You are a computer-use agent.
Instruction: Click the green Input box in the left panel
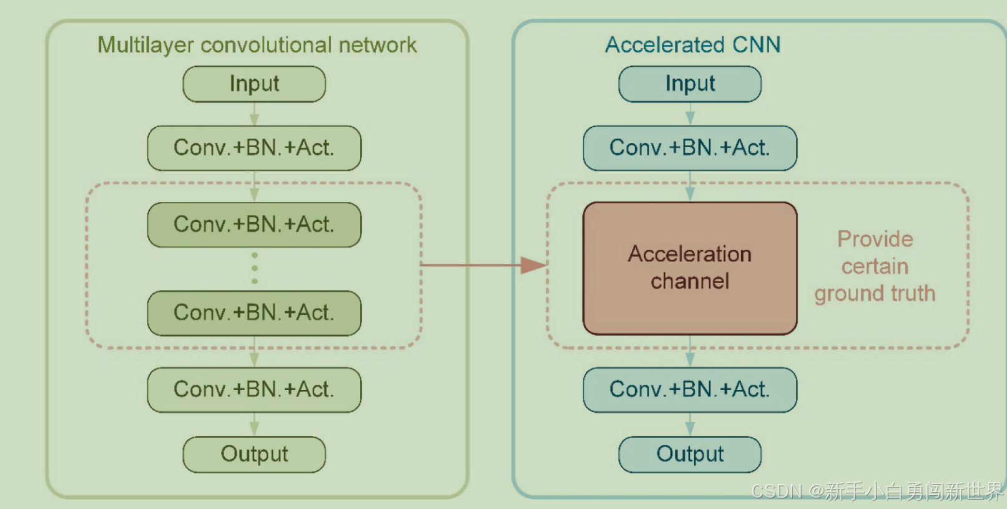tap(254, 84)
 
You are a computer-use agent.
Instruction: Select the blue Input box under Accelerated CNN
tap(690, 84)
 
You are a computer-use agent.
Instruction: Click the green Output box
tap(254, 454)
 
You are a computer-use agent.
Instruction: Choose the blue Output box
tap(690, 454)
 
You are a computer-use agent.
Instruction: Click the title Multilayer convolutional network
tap(257, 45)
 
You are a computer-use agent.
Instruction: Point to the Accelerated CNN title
tap(693, 45)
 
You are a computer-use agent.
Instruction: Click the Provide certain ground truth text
tap(875, 266)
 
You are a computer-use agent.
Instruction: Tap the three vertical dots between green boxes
tap(254, 268)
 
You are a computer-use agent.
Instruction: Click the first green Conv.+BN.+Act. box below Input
tap(254, 148)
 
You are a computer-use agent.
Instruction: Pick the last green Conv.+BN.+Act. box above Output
tap(254, 389)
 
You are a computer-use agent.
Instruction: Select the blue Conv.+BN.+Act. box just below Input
tap(690, 148)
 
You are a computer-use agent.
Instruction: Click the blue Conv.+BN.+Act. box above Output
tap(690, 389)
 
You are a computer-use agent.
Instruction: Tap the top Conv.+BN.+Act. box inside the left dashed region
tap(254, 225)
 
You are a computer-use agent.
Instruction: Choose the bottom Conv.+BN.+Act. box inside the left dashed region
tap(254, 313)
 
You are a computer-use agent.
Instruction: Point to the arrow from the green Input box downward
tap(254, 114)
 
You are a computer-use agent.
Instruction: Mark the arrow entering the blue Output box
tap(690, 425)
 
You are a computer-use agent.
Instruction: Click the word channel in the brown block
tap(690, 281)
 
